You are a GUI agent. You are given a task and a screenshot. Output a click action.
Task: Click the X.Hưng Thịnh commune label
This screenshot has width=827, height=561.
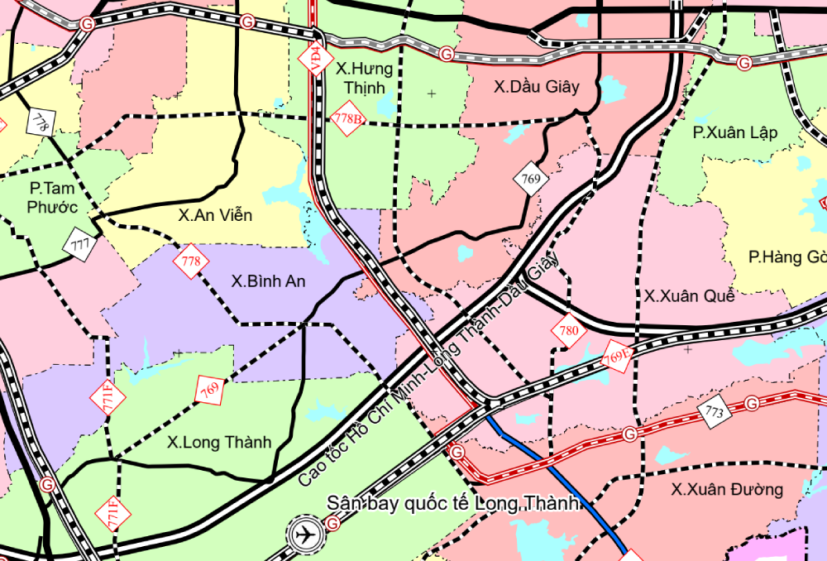365,78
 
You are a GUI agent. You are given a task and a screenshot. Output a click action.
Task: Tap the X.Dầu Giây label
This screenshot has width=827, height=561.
537,87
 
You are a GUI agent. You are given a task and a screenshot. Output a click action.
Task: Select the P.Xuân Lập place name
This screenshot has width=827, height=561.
735,132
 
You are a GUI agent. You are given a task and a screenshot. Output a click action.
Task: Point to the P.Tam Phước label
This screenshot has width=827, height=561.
52,199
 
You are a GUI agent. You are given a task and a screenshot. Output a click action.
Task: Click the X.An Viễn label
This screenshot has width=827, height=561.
215,215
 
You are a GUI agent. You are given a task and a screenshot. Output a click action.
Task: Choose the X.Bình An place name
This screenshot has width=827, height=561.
268,281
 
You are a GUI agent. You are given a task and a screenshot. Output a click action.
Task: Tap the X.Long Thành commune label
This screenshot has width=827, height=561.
218,443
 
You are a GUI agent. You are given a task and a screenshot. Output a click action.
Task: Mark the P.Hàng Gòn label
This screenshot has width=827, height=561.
786,257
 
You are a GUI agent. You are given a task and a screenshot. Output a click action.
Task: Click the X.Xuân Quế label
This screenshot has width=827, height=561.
684,295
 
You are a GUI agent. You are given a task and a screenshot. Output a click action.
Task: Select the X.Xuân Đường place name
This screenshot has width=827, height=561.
727,490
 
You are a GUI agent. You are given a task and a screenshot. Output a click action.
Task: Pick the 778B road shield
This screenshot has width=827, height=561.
347,118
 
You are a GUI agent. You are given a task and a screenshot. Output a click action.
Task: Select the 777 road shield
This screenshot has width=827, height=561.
80,245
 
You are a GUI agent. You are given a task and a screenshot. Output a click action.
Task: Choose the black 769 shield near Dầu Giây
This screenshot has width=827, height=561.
531,179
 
